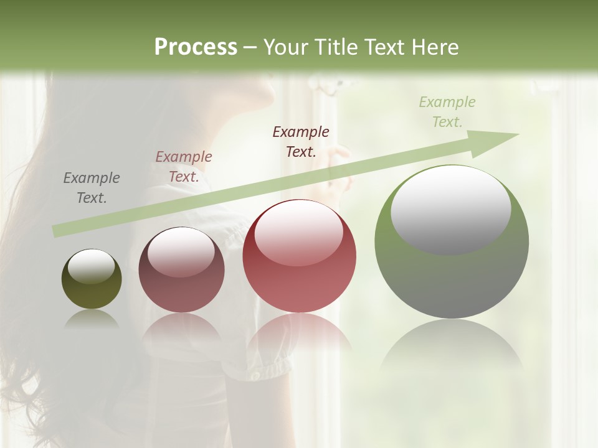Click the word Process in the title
pos(196,47)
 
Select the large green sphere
pos(452,274)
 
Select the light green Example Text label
pos(447,112)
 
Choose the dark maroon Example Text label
pos(301,141)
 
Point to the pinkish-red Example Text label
pos(184,167)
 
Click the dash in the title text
pos(250,47)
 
